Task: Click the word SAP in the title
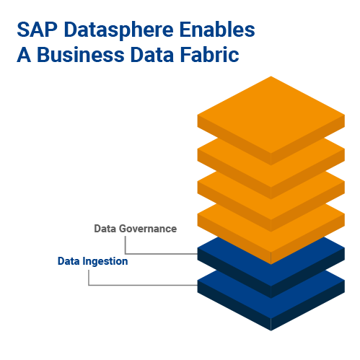point(38,30)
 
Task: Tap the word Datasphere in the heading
point(118,30)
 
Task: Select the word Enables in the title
point(217,30)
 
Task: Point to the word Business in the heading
point(80,55)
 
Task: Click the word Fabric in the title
point(209,55)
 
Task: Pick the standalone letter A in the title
point(24,55)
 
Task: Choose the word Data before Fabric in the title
point(152,55)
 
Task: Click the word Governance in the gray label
point(148,229)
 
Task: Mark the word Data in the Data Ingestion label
point(69,261)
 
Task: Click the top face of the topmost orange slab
point(271,115)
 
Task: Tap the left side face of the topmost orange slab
point(234,140)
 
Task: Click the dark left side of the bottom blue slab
point(234,305)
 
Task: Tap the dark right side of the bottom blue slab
point(308,305)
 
